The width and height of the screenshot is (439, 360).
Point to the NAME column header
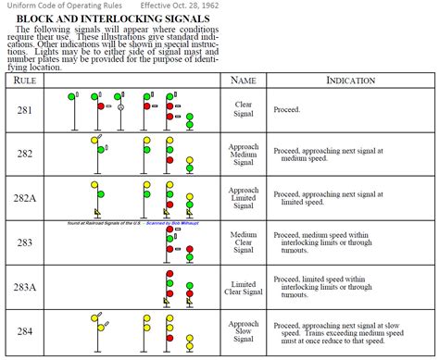(x=243, y=81)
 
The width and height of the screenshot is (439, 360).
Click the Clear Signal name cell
(x=243, y=110)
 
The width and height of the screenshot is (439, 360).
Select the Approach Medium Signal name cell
(x=243, y=154)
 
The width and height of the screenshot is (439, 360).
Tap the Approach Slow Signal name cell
(x=243, y=330)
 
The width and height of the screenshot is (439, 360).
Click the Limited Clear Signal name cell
(x=243, y=286)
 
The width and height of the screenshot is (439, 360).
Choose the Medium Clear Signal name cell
(x=243, y=242)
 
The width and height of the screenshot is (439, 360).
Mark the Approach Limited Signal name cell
(x=243, y=198)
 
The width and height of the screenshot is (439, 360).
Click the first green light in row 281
(x=72, y=95)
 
